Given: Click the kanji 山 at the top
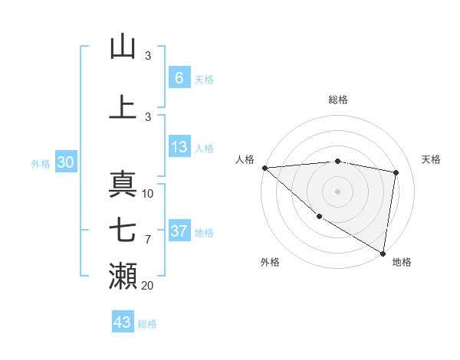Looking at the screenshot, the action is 123,47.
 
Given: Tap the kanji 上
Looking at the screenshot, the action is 123,108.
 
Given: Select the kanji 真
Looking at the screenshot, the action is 123,185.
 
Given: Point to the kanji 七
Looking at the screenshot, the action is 123,231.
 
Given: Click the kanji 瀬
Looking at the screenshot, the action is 123,277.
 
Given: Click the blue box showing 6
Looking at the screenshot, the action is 179,78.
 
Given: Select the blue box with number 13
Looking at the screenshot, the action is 179,148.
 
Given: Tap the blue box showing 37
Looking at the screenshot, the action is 179,231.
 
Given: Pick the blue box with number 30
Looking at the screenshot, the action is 65,162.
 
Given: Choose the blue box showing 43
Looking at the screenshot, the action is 122,322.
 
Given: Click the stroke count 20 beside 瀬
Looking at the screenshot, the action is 148,286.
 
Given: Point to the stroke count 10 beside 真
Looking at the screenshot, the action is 148,194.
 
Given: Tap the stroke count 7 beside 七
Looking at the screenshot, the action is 148,240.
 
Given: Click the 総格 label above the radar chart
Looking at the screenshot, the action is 337,100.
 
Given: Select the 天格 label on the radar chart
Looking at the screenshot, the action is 431,159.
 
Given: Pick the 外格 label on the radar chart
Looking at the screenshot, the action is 270,262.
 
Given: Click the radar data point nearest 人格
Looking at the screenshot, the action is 264,168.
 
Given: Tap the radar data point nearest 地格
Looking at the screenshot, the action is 383,253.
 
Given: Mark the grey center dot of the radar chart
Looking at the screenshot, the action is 337,191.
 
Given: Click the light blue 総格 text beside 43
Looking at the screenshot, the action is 147,324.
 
